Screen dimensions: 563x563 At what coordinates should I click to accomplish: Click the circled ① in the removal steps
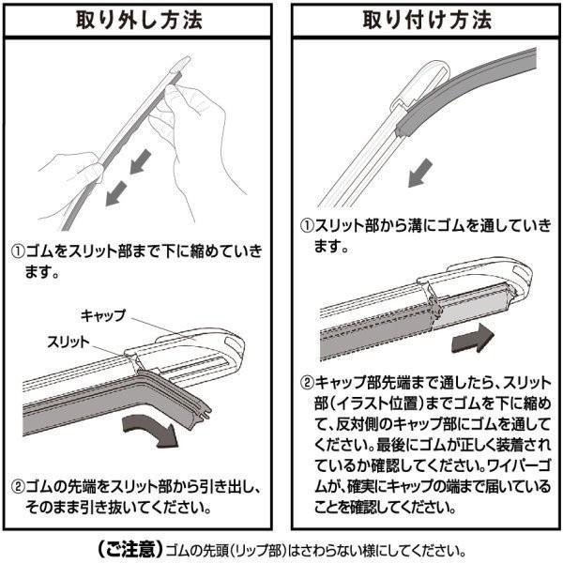click(18, 252)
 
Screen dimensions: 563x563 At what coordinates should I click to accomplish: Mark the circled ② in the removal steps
click(18, 489)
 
